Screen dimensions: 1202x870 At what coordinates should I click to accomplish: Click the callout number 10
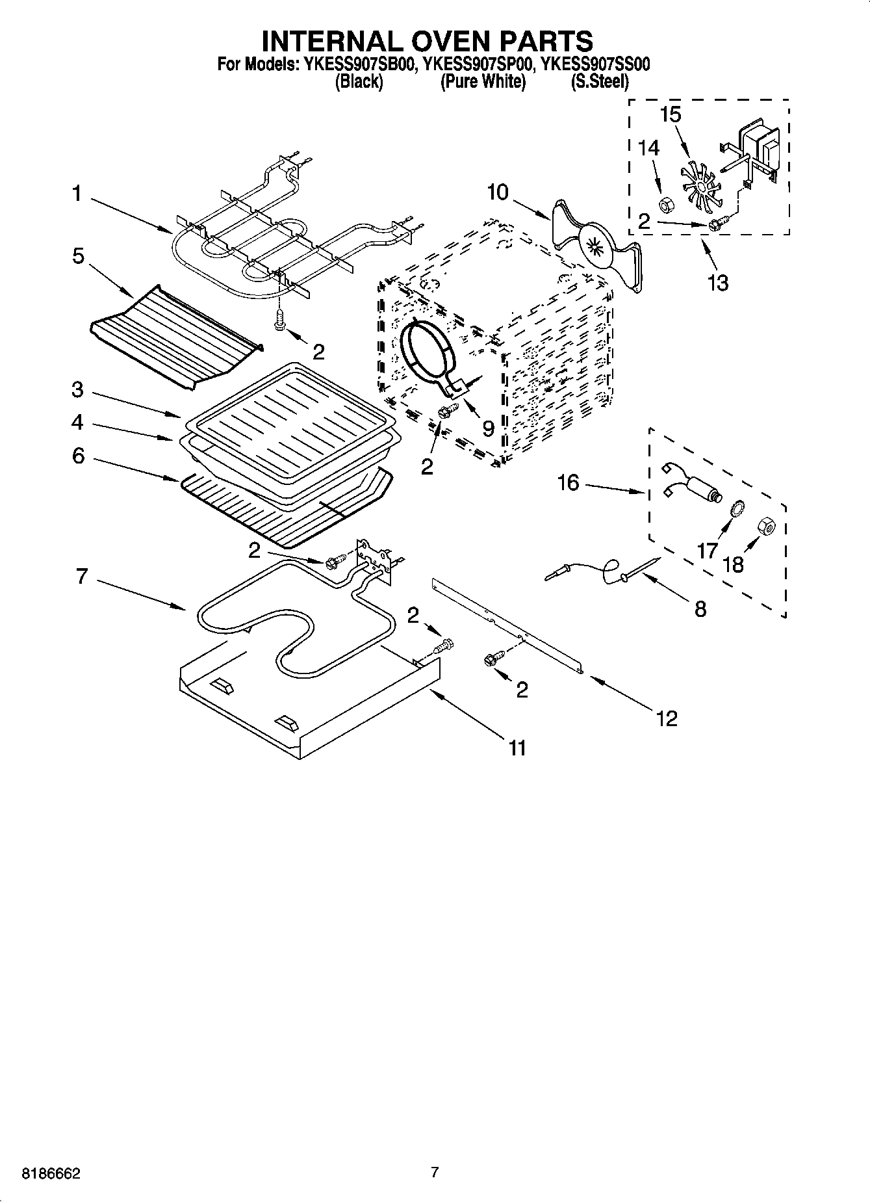pos(498,193)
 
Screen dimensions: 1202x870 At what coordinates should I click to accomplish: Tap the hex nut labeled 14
pos(665,206)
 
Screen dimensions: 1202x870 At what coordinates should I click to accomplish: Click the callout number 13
pos(718,283)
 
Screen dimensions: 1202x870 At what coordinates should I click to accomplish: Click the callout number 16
pos(568,483)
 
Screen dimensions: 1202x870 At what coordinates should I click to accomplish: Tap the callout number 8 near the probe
pos(700,609)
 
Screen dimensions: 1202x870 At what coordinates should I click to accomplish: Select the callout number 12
pos(667,718)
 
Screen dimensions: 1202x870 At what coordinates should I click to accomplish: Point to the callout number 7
pos(81,576)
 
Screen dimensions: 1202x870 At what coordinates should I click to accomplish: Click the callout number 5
pos(77,256)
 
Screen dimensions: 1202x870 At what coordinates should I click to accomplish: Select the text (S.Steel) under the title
pos(599,82)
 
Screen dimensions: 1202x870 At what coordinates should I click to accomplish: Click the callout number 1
pos(77,193)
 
